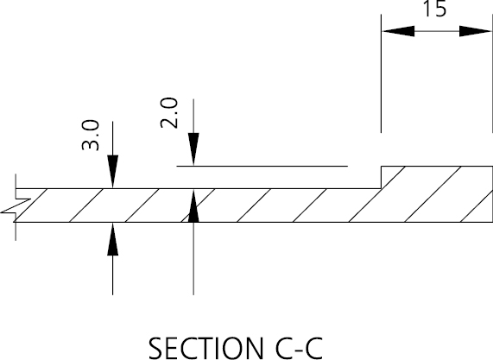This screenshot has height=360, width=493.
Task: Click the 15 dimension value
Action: click(x=435, y=9)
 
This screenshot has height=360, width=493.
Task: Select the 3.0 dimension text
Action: click(x=91, y=135)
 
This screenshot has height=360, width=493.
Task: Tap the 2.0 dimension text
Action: click(x=169, y=113)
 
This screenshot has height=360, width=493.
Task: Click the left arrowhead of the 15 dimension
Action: click(x=398, y=31)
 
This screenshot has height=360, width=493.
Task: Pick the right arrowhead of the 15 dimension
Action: click(x=476, y=31)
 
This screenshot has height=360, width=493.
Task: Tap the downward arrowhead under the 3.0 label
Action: click(x=112, y=172)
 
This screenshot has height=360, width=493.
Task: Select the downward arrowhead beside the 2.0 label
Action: click(x=193, y=149)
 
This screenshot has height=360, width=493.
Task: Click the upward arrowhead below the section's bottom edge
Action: click(x=112, y=238)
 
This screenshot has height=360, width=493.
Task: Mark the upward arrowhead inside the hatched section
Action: click(x=193, y=205)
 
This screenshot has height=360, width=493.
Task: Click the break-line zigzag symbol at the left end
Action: click(x=16, y=206)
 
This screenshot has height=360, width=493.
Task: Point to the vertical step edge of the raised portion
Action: click(x=382, y=177)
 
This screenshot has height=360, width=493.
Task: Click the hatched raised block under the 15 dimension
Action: click(x=437, y=194)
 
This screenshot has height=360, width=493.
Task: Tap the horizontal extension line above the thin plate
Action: click(x=262, y=166)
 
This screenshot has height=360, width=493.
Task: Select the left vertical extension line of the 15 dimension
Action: click(x=382, y=73)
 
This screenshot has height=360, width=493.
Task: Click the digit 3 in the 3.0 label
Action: click(x=91, y=144)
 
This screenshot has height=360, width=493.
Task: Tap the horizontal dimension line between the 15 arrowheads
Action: click(x=437, y=31)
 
